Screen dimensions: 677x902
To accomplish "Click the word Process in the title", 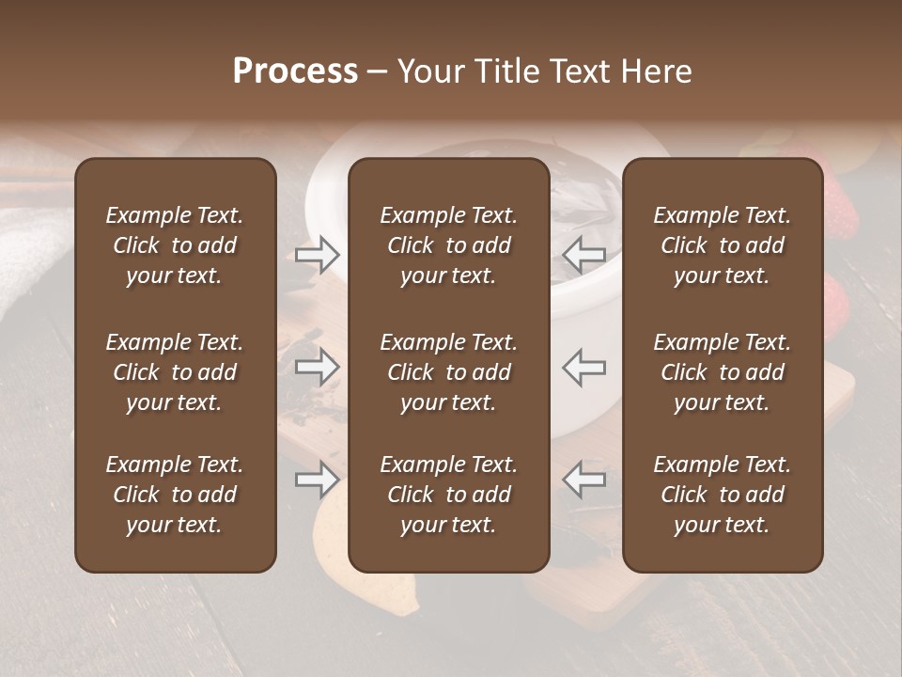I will (295, 71).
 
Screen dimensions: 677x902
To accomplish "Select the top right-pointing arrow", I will (317, 254).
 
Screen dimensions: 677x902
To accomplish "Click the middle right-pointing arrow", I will (317, 367).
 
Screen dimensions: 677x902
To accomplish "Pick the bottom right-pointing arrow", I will (317, 479).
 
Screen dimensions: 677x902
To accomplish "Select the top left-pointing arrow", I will (584, 254).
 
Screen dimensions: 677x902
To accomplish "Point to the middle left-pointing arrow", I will (584, 367).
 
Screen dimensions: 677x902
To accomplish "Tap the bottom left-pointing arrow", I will (584, 479).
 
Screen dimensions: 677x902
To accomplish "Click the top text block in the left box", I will (175, 245).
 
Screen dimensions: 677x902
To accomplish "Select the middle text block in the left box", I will (175, 372).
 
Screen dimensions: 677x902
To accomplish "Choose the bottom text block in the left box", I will (175, 495).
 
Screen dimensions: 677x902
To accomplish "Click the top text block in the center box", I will (448, 245).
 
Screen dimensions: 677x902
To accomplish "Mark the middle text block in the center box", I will (448, 372).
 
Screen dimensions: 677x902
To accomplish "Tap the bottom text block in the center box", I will (448, 495).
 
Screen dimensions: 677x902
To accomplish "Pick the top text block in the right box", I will (722, 245).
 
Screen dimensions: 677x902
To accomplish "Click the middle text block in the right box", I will (722, 372).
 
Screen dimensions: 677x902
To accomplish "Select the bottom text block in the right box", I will (722, 495).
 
